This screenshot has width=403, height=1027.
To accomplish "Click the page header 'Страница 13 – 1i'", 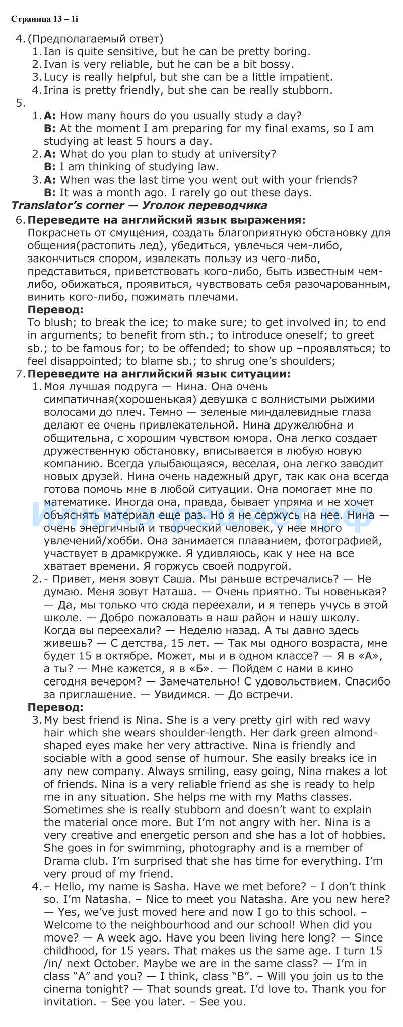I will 44,20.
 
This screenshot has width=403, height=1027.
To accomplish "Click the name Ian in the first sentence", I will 51,51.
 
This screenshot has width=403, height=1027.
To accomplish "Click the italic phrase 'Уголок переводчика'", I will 205,205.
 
